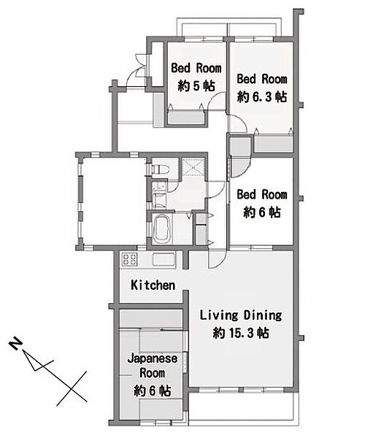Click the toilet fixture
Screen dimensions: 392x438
point(161,169)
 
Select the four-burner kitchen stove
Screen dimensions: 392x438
point(129,259)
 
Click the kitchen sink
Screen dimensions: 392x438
point(164,259)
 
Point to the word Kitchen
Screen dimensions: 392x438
point(153,285)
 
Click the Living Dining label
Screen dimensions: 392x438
point(241,315)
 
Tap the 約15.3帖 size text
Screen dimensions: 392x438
point(241,333)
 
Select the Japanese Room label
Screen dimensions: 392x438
point(153,366)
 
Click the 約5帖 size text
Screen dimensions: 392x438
point(196,85)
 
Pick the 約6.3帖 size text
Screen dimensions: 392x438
point(262,97)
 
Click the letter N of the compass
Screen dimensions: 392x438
point(16,345)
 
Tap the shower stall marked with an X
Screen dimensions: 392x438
point(193,167)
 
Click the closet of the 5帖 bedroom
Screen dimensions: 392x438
point(186,117)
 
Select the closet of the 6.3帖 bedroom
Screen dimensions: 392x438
point(273,143)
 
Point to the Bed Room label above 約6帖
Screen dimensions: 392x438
point(262,194)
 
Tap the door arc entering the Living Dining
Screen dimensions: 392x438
point(217,259)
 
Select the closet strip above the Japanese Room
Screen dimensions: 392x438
point(151,318)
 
